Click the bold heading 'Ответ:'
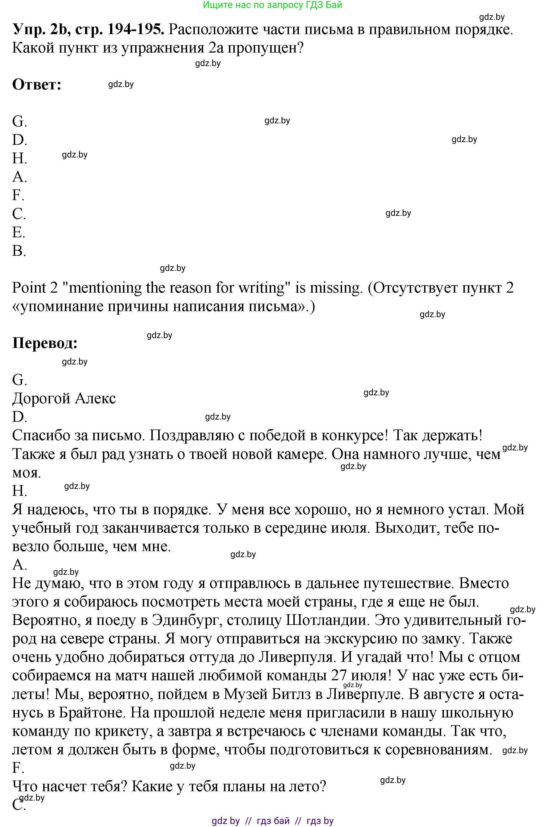click(x=37, y=85)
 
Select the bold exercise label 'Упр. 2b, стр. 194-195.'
click(x=88, y=30)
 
